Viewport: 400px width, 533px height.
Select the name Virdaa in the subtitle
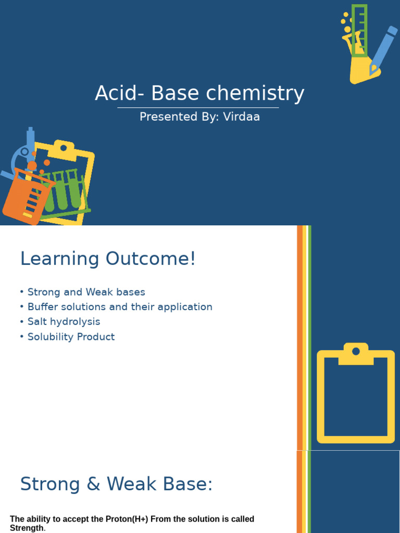[241, 117]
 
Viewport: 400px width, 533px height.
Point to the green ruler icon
[359, 30]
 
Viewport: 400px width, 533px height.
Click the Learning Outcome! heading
[108, 259]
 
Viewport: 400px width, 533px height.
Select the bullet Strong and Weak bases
[86, 292]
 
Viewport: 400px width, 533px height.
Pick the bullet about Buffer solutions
[120, 307]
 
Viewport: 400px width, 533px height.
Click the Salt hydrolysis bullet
[64, 322]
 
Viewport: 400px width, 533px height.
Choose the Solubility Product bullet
[71, 337]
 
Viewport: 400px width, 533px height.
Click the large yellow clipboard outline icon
[356, 396]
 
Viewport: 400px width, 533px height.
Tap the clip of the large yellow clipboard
[356, 353]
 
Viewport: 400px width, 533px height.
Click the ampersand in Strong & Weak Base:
[94, 485]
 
